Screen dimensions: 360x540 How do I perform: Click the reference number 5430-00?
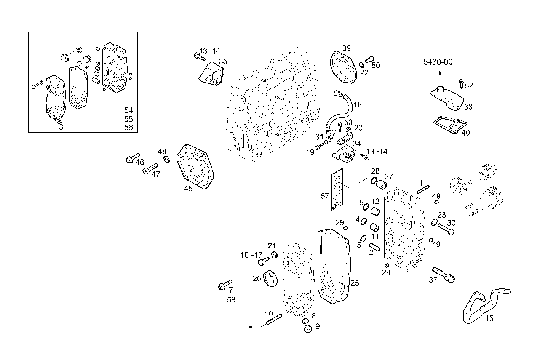click(x=438, y=62)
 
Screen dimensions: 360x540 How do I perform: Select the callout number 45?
click(x=188, y=189)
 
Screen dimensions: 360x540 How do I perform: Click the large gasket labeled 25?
click(x=333, y=267)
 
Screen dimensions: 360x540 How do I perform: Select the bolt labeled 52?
click(x=461, y=83)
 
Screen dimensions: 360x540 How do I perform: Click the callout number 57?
click(x=324, y=196)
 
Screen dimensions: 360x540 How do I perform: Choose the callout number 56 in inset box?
click(x=129, y=127)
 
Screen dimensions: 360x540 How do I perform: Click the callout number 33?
click(x=468, y=107)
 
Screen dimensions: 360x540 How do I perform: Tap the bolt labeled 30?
click(x=446, y=229)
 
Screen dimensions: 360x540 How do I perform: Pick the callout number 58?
click(x=231, y=299)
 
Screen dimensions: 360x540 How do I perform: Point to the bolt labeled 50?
click(x=369, y=60)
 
